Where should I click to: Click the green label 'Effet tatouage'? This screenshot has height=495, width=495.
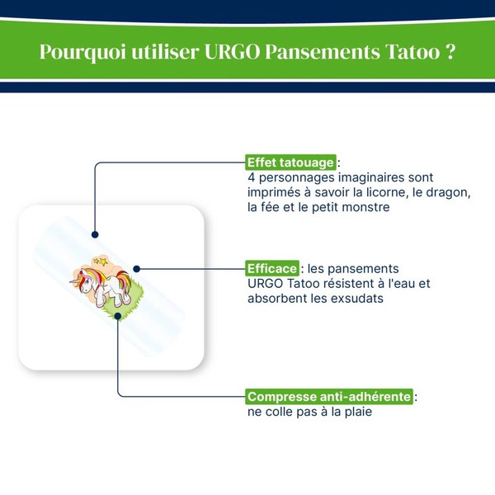pos(291,163)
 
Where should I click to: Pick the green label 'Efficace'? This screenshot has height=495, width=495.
pos(272,269)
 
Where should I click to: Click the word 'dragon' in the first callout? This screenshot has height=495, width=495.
pos(447,193)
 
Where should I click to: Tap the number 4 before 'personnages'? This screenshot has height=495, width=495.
pos(252,178)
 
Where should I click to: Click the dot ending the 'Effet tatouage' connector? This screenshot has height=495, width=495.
pos(96,234)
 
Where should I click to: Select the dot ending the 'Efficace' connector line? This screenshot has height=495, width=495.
pos(137,268)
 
